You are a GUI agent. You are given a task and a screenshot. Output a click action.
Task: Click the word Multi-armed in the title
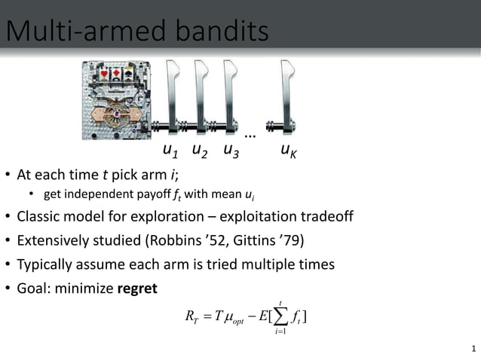[x=80, y=31]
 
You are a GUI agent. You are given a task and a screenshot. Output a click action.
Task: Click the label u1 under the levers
[x=171, y=151]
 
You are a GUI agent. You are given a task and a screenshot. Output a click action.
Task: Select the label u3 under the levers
[x=231, y=151]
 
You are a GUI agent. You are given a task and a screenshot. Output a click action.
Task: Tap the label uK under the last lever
[x=288, y=151]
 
